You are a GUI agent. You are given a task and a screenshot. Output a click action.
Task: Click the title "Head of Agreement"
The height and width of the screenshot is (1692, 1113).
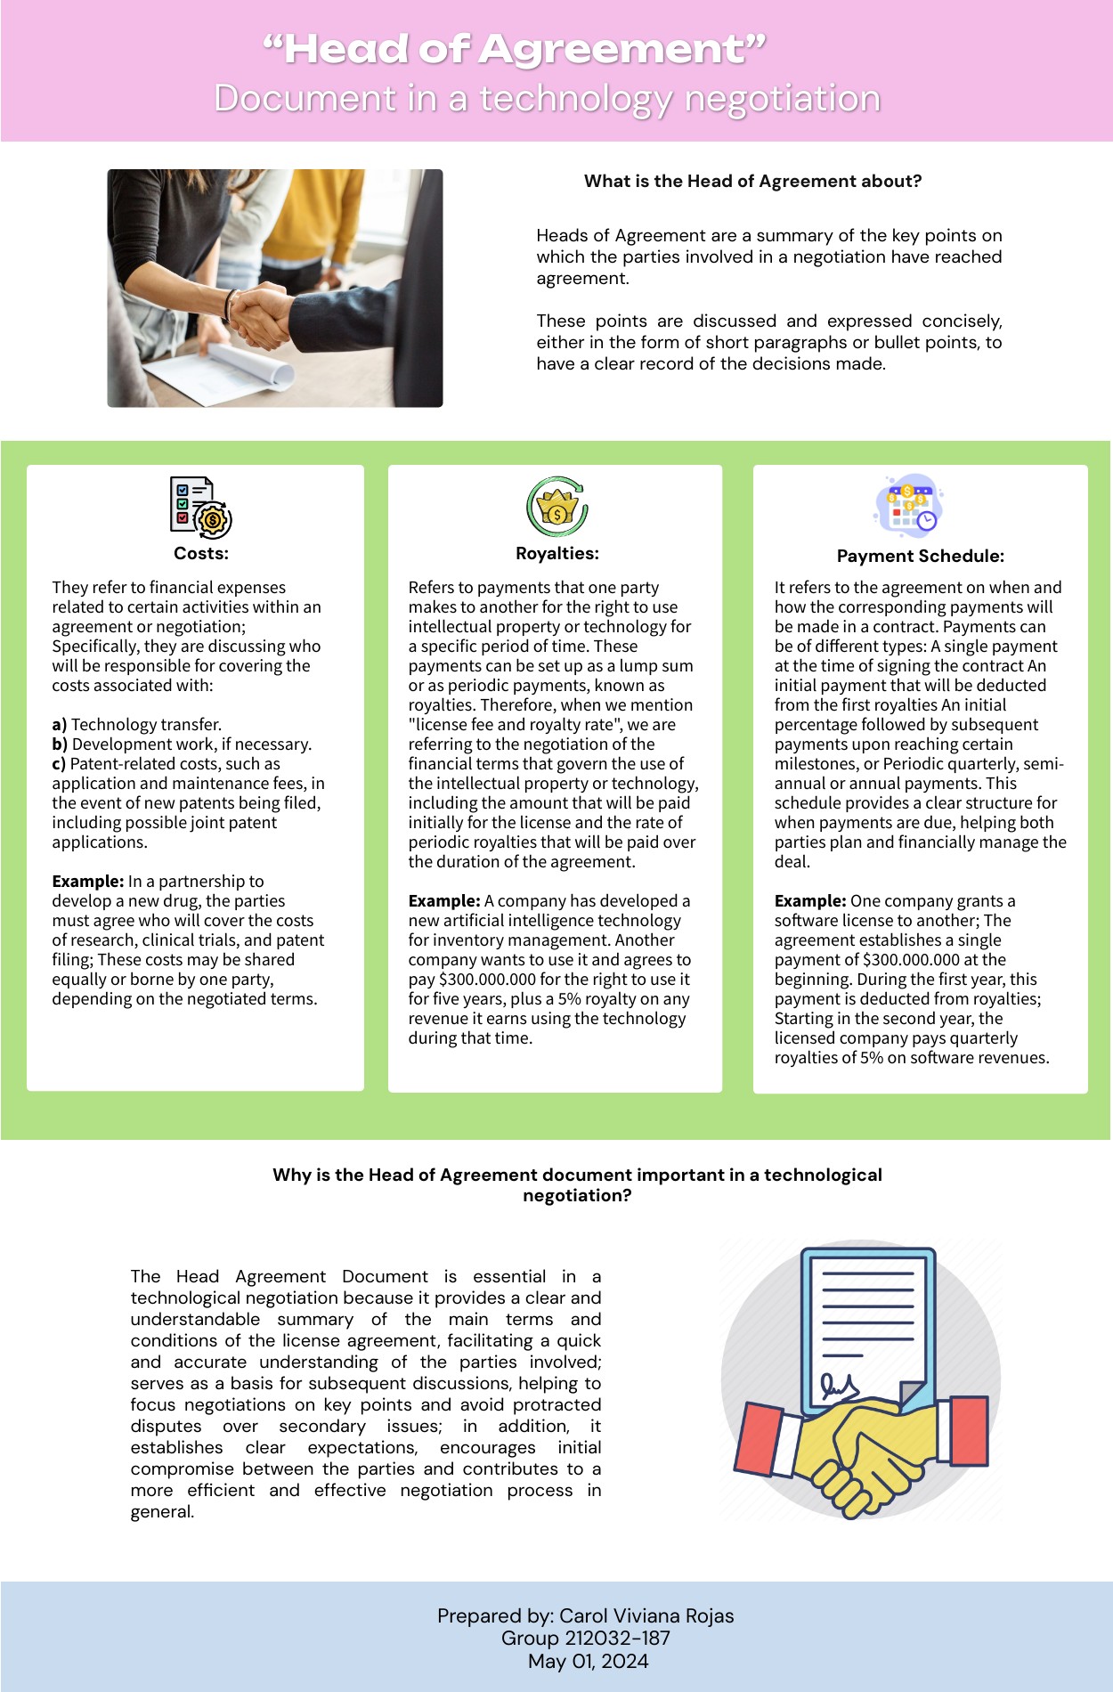click(515, 50)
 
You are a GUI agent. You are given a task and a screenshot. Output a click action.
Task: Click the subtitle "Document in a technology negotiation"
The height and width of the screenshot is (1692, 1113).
click(547, 99)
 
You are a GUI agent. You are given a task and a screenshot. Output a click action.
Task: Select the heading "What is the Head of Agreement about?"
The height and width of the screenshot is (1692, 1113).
click(752, 182)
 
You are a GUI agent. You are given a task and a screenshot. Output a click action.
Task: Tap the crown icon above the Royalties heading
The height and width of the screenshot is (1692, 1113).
click(556, 506)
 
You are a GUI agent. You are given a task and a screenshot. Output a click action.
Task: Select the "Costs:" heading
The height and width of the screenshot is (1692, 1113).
click(201, 553)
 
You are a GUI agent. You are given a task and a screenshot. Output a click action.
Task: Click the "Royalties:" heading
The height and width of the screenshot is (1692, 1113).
click(556, 553)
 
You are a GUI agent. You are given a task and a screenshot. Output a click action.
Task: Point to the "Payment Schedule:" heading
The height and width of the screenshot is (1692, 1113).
click(920, 557)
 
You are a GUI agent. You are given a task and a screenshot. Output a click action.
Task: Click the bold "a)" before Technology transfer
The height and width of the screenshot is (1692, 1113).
click(60, 725)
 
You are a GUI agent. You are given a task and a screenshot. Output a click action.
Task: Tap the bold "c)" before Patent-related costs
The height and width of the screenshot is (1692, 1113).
click(59, 764)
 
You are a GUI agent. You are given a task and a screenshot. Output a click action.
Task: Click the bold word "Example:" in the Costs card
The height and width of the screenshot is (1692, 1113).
click(87, 882)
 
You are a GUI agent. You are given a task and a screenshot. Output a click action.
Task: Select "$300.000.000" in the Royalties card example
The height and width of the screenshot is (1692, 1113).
click(487, 980)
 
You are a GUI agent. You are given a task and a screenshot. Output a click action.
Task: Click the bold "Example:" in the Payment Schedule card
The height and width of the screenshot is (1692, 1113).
click(809, 901)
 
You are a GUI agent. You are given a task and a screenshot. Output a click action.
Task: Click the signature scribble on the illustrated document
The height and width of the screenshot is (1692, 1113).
click(840, 1386)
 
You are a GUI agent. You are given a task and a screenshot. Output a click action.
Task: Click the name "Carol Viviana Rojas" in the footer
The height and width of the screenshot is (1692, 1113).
click(646, 1616)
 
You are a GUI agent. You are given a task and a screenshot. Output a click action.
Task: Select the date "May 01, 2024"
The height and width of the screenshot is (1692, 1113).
click(588, 1662)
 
